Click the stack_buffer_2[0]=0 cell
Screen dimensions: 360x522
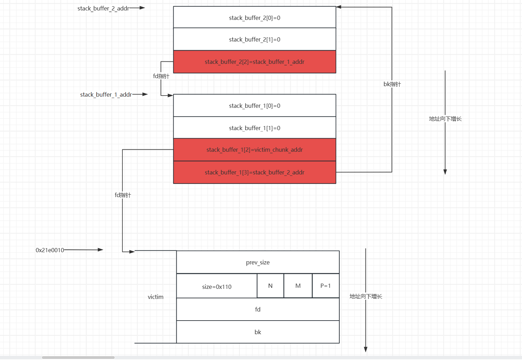pos(255,18)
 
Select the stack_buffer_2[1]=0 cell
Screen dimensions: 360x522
pos(255,39)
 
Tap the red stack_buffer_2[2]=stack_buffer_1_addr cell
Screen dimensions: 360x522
pos(255,62)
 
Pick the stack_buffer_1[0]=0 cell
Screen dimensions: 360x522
pos(255,106)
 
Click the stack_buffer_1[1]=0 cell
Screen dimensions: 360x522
pos(255,128)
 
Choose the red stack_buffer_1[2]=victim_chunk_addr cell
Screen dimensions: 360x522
pos(255,150)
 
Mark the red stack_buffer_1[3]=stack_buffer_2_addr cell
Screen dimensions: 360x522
pos(255,172)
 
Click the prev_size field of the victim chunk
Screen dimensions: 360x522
pos(258,262)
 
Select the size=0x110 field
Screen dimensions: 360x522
pos(217,287)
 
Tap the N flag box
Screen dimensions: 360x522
pos(270,286)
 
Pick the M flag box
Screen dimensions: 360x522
pos(298,286)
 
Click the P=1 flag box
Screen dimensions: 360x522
pos(325,286)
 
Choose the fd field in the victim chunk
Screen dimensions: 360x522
pos(258,309)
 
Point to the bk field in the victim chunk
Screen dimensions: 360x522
pos(258,332)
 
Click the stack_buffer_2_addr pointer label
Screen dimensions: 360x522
pos(103,8)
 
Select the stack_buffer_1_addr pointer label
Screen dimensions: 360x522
pos(106,95)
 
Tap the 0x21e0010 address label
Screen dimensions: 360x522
pos(50,250)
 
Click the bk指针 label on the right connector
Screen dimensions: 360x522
pos(392,84)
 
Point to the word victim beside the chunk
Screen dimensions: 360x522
pos(156,297)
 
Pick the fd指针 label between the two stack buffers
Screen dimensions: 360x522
pos(161,76)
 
